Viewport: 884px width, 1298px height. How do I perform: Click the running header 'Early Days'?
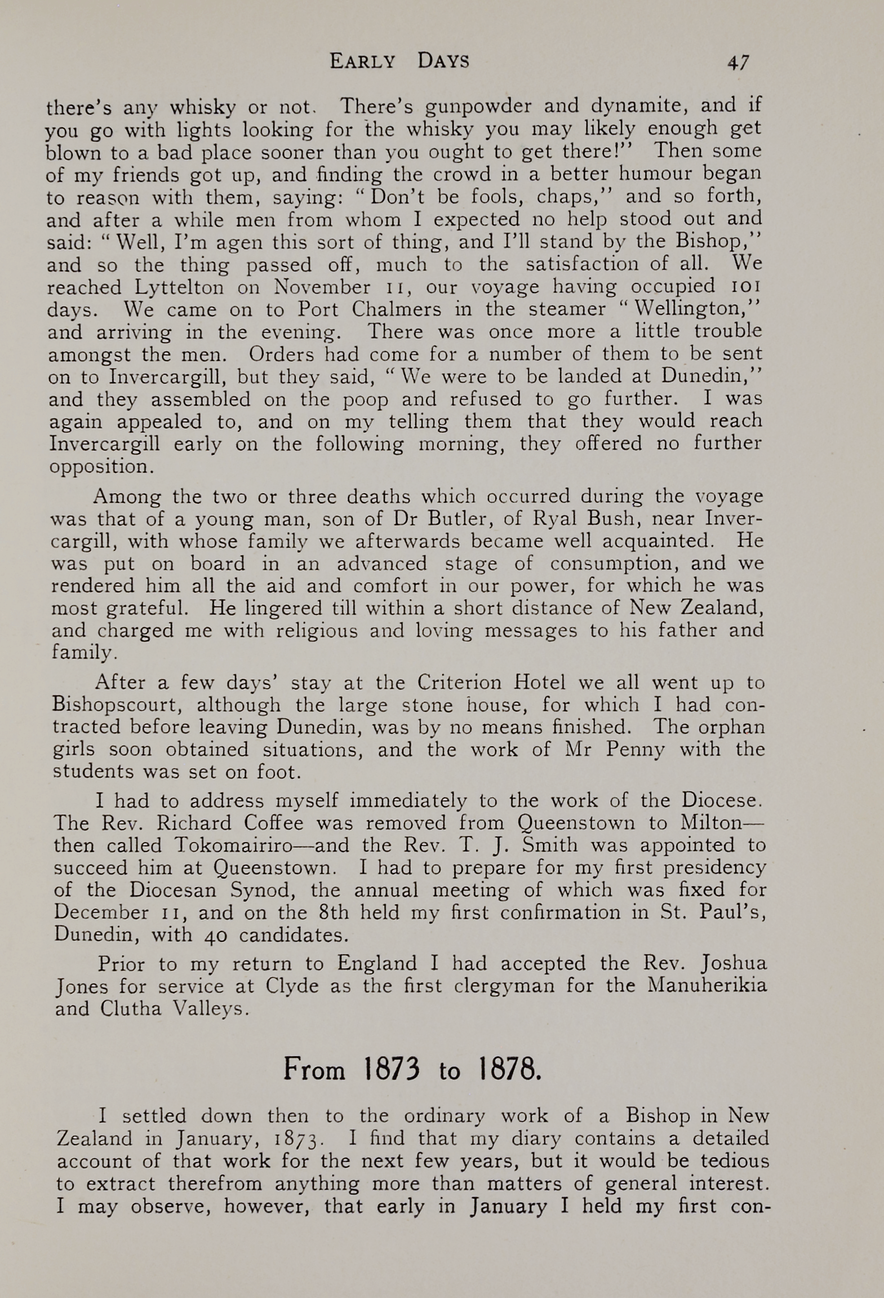click(x=399, y=61)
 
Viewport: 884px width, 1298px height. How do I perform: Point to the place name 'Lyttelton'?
click(x=179, y=287)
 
